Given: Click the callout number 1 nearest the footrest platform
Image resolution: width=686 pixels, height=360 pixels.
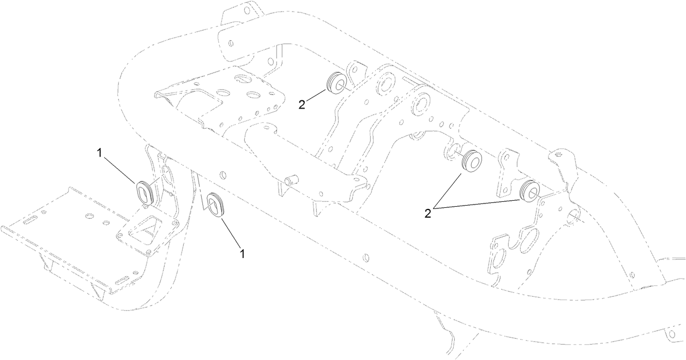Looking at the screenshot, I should point(99,153).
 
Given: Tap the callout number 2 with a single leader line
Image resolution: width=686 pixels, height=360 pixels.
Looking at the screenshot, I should point(302,105).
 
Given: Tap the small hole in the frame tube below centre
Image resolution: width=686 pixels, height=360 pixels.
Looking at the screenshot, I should point(365,256).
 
